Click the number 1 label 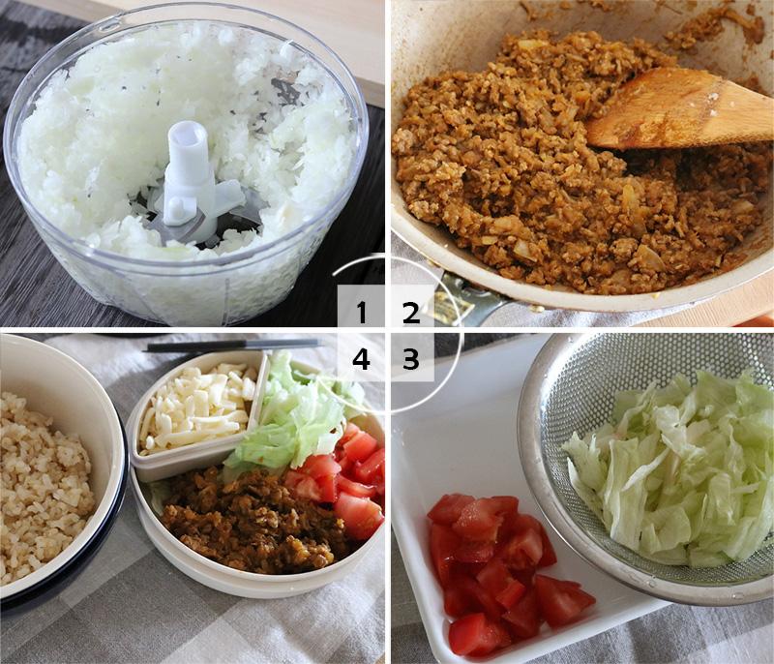(x=362, y=312)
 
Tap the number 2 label (x=411, y=312)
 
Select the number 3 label (x=411, y=359)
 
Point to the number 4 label (x=362, y=359)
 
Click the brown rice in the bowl (x=44, y=474)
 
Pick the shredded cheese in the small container (x=198, y=407)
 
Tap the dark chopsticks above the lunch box (x=232, y=345)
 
